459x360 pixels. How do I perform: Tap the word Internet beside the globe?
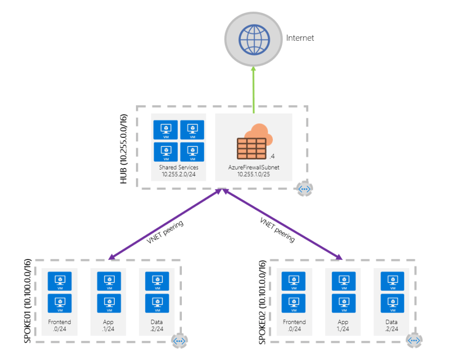coord(300,38)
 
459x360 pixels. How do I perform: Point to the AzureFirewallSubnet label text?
coord(253,168)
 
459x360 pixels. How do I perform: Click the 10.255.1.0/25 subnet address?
coord(253,174)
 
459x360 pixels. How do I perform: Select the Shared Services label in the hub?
coord(179,168)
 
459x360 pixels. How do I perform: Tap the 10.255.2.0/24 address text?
coord(179,174)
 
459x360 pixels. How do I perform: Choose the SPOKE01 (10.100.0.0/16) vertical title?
coord(27,301)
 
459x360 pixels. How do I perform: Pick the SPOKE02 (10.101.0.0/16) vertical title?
coord(262,301)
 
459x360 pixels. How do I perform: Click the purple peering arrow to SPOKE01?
coord(165,224)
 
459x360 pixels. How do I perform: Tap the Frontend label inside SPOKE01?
coord(59,322)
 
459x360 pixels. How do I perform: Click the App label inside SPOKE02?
coord(343,322)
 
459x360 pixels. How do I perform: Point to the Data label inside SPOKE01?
coord(157,322)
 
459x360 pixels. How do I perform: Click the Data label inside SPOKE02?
coord(392,322)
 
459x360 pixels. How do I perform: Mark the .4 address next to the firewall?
coord(272,156)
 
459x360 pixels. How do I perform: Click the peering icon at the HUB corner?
coord(305,189)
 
